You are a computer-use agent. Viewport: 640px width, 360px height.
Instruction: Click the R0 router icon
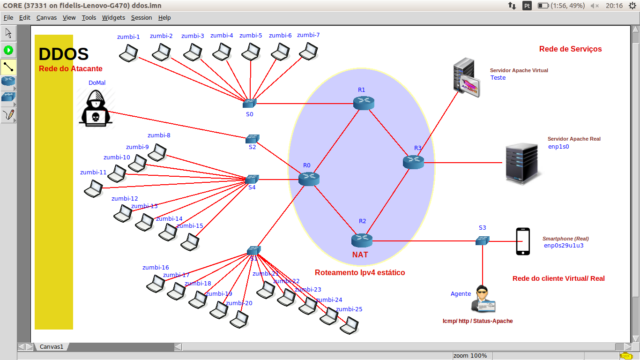[x=309, y=179]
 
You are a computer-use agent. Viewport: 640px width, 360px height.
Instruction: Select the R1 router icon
[x=364, y=103]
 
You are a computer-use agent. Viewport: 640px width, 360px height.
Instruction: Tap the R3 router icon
[x=413, y=162]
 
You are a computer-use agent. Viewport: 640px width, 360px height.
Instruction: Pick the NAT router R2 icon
[x=362, y=240]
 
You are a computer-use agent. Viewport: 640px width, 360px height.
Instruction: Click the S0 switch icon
[x=249, y=103]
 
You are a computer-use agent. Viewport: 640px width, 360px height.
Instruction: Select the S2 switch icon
[x=252, y=139]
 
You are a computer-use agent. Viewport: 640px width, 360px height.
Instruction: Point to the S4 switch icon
[x=252, y=179]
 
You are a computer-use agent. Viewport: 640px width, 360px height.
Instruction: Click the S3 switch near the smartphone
[x=482, y=240]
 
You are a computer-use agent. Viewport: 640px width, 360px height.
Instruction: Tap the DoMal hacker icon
[x=97, y=108]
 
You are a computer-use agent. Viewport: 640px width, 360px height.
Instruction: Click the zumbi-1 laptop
[x=128, y=53]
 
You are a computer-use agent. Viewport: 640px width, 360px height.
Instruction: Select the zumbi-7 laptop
[x=308, y=51]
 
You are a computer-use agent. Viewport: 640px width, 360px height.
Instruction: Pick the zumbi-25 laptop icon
[x=349, y=325]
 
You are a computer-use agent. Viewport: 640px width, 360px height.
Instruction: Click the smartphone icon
[x=523, y=241]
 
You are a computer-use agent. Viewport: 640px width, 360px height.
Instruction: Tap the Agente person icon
[x=483, y=299]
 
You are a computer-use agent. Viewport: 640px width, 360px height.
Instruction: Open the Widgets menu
[x=113, y=18]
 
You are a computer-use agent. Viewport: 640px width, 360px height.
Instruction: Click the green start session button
[x=8, y=50]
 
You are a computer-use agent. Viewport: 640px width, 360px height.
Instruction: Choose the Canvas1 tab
[x=51, y=347]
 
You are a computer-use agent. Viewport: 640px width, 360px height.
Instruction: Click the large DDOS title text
[x=64, y=54]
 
